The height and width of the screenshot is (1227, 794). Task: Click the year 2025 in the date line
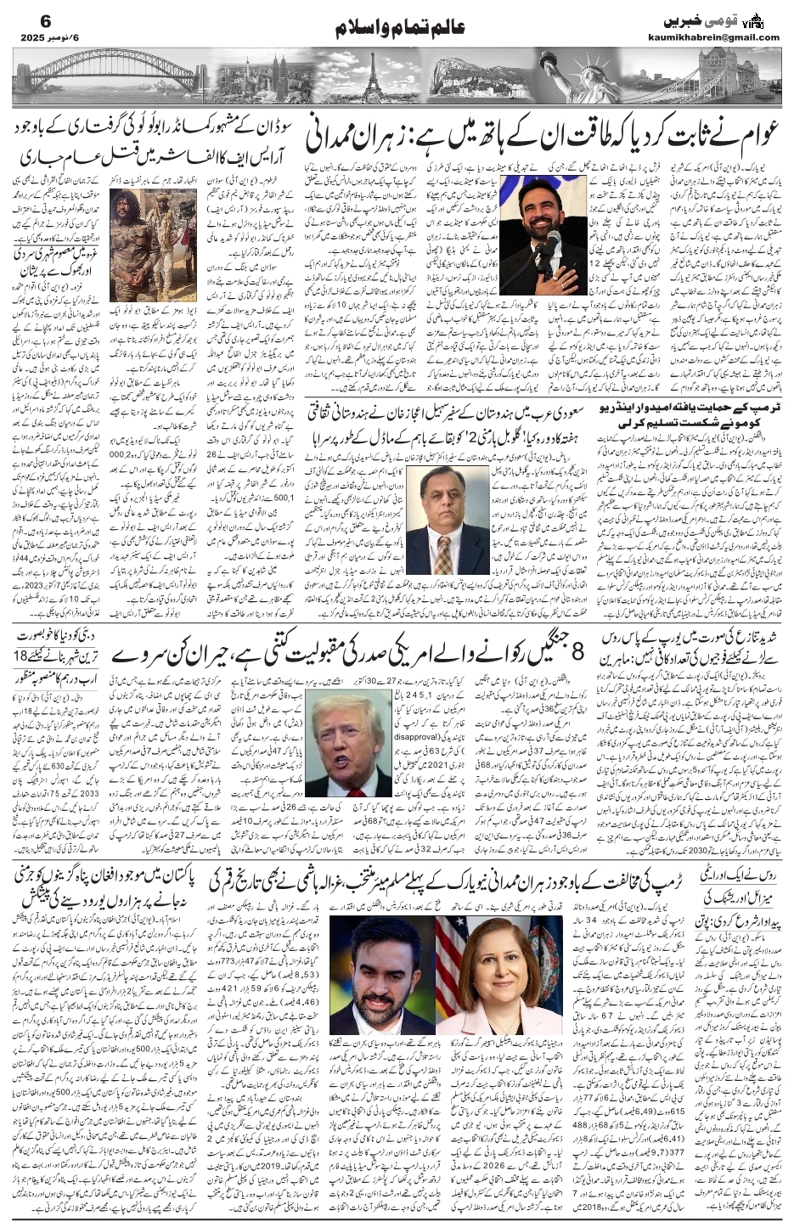click(x=27, y=38)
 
